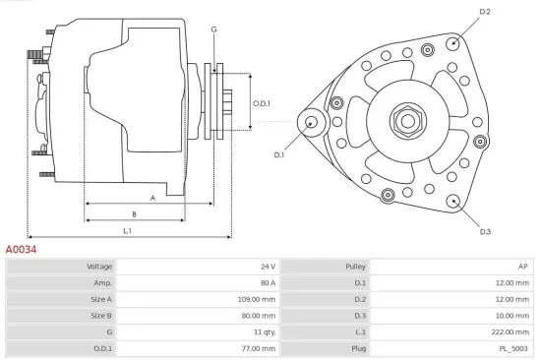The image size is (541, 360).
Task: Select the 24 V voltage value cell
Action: [x=268, y=267]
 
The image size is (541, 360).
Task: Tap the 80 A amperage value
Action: [x=268, y=282]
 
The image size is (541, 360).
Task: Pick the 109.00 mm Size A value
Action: [x=258, y=299]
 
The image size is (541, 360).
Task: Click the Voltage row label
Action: [x=99, y=267]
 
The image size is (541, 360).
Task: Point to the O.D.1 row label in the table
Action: [x=101, y=348]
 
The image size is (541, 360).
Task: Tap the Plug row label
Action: [x=358, y=348]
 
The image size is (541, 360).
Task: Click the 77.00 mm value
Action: [x=259, y=348]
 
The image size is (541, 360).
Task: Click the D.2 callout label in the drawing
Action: [x=484, y=11]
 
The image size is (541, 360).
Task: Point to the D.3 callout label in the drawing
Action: [x=485, y=231]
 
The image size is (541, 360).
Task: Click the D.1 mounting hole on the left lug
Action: [x=313, y=122]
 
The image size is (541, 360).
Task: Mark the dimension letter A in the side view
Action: [x=151, y=198]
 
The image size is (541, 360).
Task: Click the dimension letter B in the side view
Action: [x=134, y=213]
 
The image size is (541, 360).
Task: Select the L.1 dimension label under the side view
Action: [x=128, y=230]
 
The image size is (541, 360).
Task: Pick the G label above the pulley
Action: [x=213, y=29]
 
